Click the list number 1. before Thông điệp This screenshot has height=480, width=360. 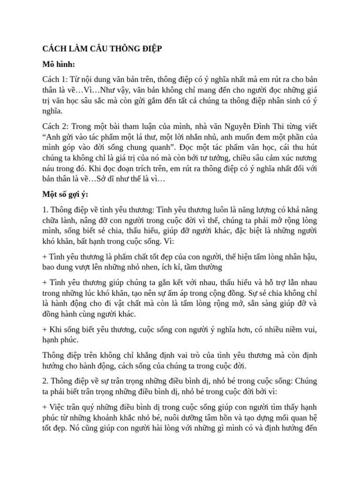pyautogui.click(x=45, y=210)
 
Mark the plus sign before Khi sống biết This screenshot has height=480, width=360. pyautogui.click(x=45, y=330)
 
